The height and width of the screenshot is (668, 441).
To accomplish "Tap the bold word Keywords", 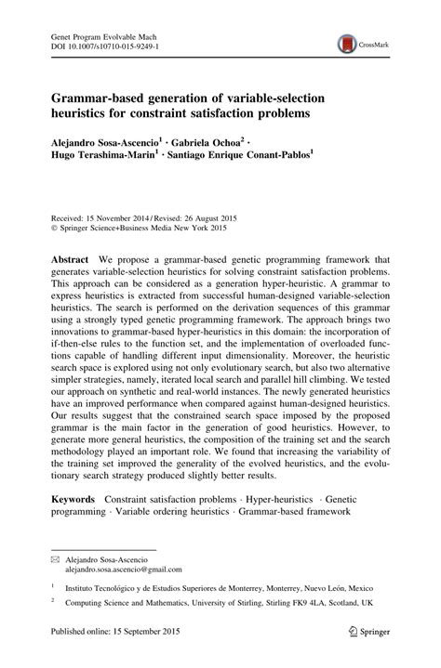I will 73,499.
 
